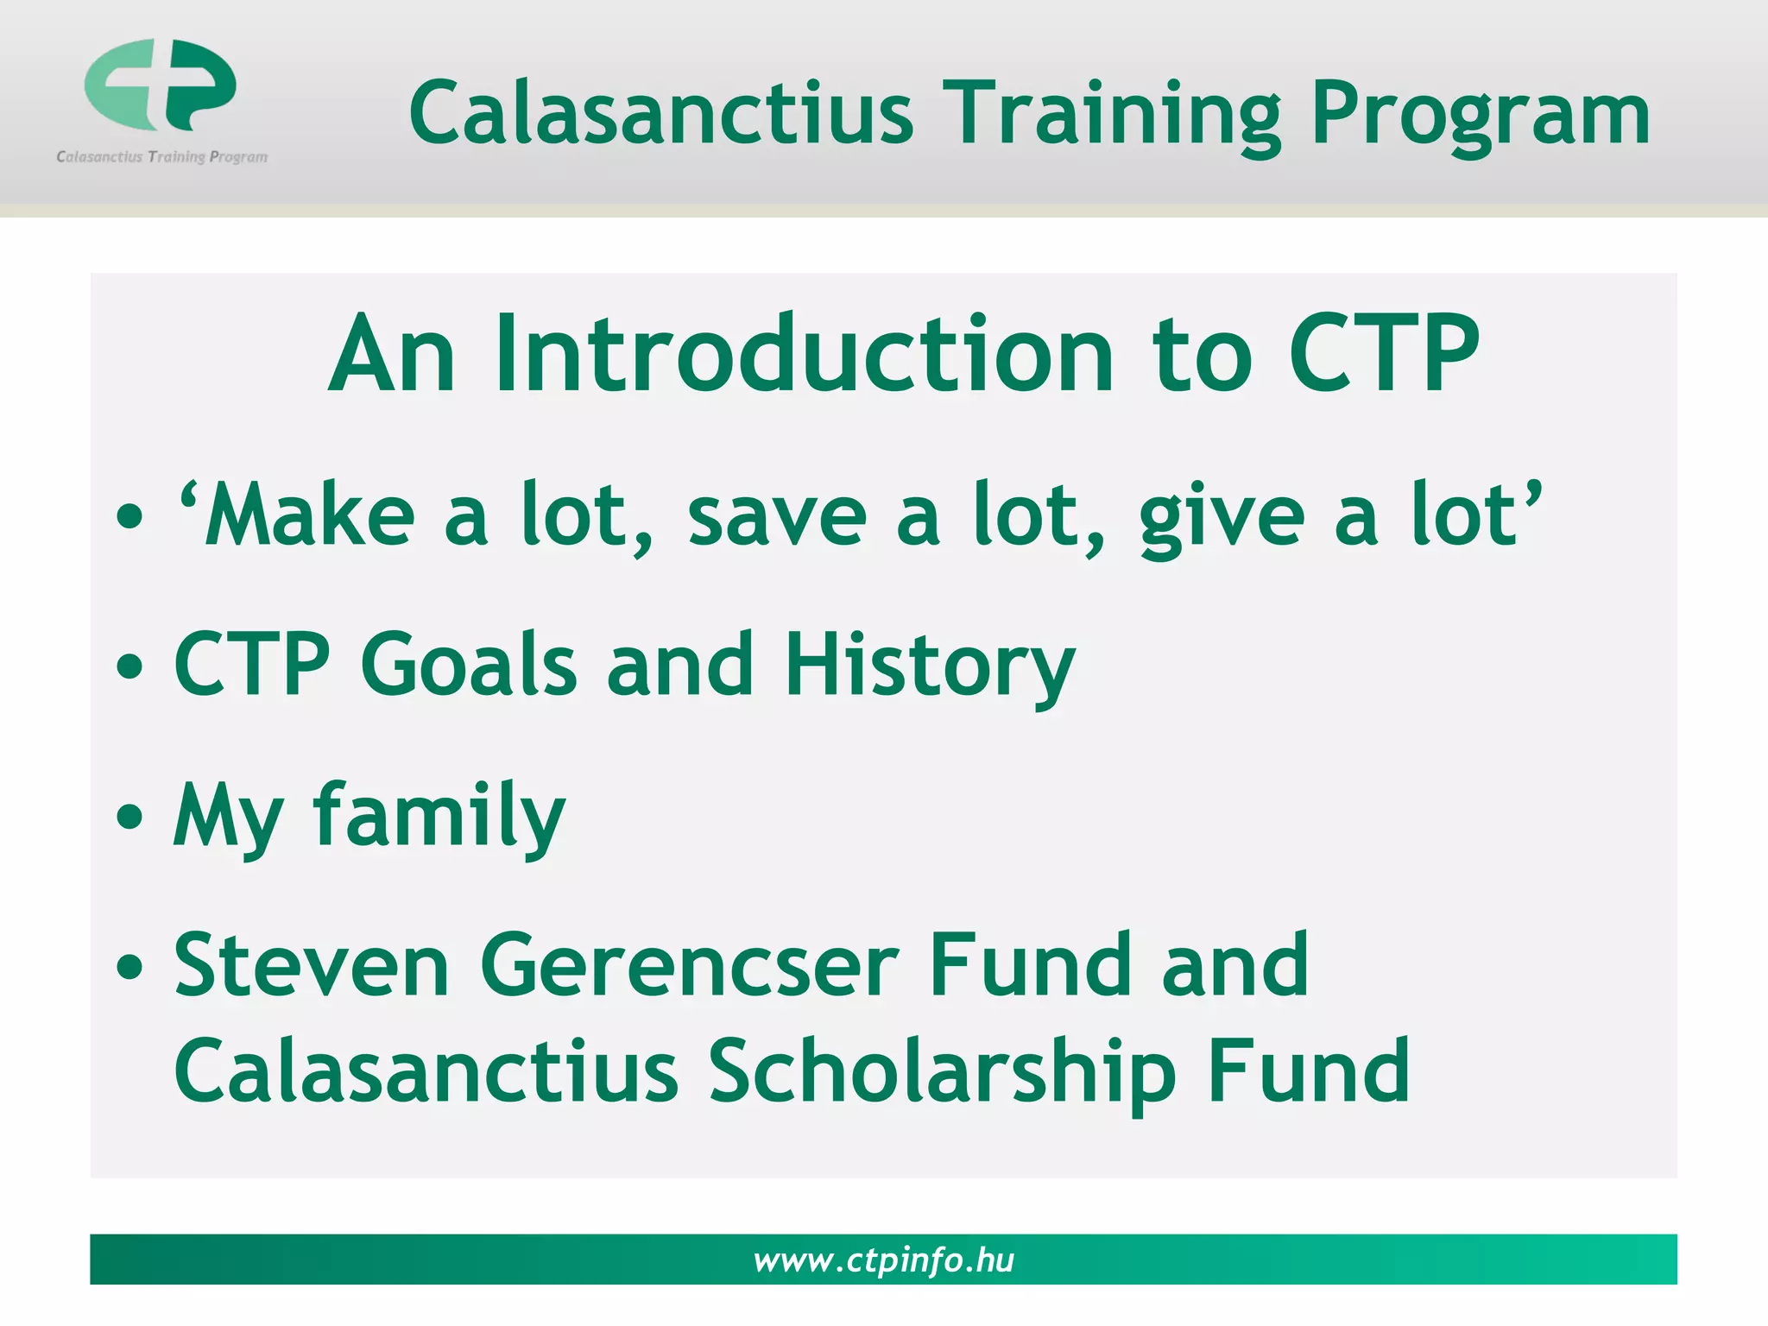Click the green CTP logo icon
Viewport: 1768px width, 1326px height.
161,85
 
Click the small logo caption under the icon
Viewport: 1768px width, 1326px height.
162,157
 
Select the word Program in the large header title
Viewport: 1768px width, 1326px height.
1480,115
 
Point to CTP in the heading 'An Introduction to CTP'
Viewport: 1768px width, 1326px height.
1384,355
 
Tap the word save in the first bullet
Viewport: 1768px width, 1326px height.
777,515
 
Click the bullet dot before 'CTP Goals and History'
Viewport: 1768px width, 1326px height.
129,666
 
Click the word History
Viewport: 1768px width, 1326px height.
930,665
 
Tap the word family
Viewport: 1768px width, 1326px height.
439,815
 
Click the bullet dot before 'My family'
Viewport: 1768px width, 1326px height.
129,816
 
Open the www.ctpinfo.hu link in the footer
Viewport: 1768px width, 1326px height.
883,1260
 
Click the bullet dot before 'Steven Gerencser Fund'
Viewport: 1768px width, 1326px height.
129,966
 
